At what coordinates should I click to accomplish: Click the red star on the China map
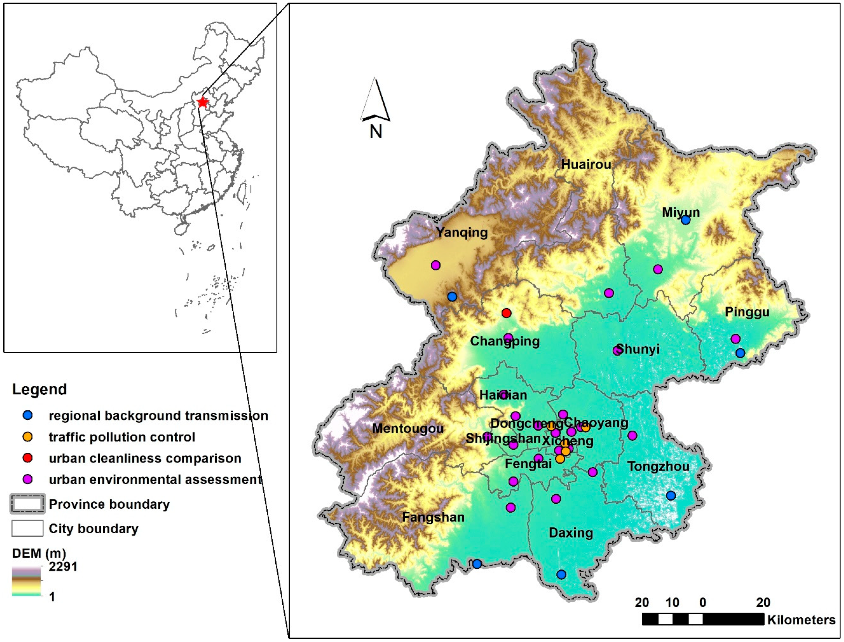point(202,102)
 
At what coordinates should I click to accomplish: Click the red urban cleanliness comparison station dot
point(506,313)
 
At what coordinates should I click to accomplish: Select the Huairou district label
point(586,165)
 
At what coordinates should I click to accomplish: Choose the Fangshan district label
point(433,517)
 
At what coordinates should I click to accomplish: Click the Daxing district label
point(571,533)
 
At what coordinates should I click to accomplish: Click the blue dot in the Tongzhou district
point(670,496)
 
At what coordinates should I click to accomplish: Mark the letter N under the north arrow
point(376,132)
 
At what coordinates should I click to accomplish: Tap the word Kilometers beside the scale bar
point(801,619)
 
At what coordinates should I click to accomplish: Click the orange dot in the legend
point(27,437)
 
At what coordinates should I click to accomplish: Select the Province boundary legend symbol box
point(27,504)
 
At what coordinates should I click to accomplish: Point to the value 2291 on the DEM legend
point(63,566)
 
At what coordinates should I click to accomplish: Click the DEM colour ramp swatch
point(26,581)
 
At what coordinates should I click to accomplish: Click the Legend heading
point(39,389)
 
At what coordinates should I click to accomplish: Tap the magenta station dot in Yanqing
point(435,265)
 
